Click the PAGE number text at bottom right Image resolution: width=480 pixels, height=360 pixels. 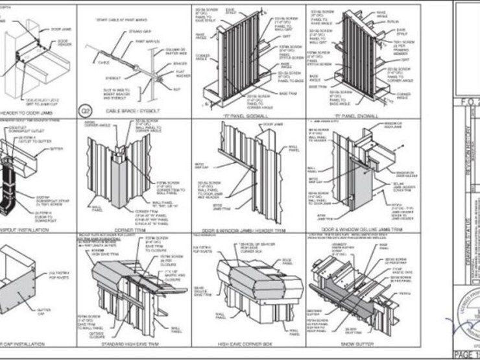coord(464,354)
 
